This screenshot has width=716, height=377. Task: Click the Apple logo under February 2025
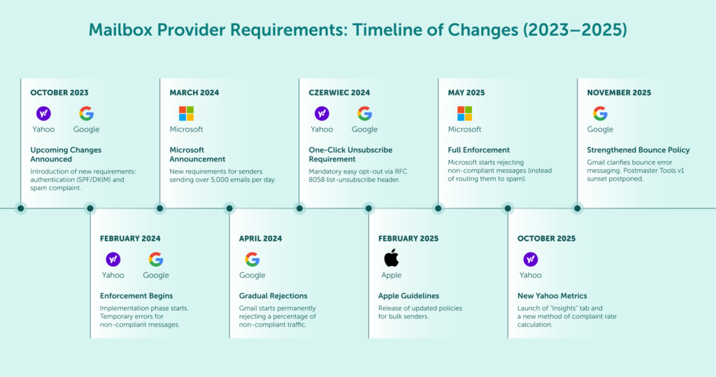tap(392, 258)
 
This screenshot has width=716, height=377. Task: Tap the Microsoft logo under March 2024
tap(186, 113)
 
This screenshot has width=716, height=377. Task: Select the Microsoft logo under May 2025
tap(464, 113)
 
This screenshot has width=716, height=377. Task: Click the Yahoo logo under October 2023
tap(43, 113)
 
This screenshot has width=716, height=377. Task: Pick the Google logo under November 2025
tap(600, 113)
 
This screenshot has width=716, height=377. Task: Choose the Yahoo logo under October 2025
tap(531, 259)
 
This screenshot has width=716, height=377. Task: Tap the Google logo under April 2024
tap(252, 259)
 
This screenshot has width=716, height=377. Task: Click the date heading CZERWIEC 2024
tap(339, 92)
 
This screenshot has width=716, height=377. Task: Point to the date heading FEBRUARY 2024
tap(130, 239)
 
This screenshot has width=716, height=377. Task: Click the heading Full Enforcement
tap(478, 150)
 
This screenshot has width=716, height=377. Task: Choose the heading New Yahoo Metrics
tap(552, 296)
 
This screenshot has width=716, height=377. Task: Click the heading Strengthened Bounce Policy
tap(638, 150)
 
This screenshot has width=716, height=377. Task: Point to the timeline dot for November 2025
tap(578, 208)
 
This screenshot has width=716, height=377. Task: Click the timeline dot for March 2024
tap(160, 208)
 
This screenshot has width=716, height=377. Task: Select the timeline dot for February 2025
tap(368, 208)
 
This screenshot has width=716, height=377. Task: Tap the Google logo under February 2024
tap(156, 259)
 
